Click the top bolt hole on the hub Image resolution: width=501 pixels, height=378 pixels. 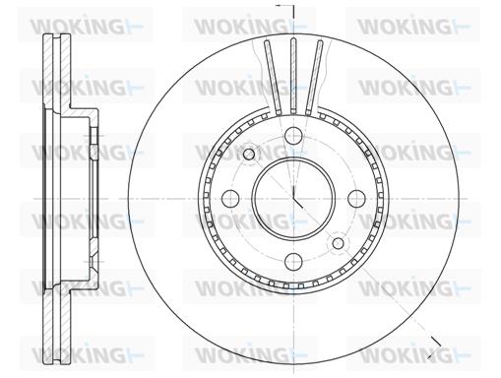pos(293,135)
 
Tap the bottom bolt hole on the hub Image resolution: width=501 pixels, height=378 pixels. pos(293,262)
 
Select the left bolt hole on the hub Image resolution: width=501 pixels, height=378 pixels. pos(230,199)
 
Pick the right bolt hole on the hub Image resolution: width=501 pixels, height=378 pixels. pos(356,199)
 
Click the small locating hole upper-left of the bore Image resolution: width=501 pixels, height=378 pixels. pos(249,154)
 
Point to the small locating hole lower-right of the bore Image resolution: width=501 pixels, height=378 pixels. pos(338,243)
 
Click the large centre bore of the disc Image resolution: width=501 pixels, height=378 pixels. pos(293,199)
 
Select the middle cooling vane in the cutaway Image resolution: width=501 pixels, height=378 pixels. pos(293,76)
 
